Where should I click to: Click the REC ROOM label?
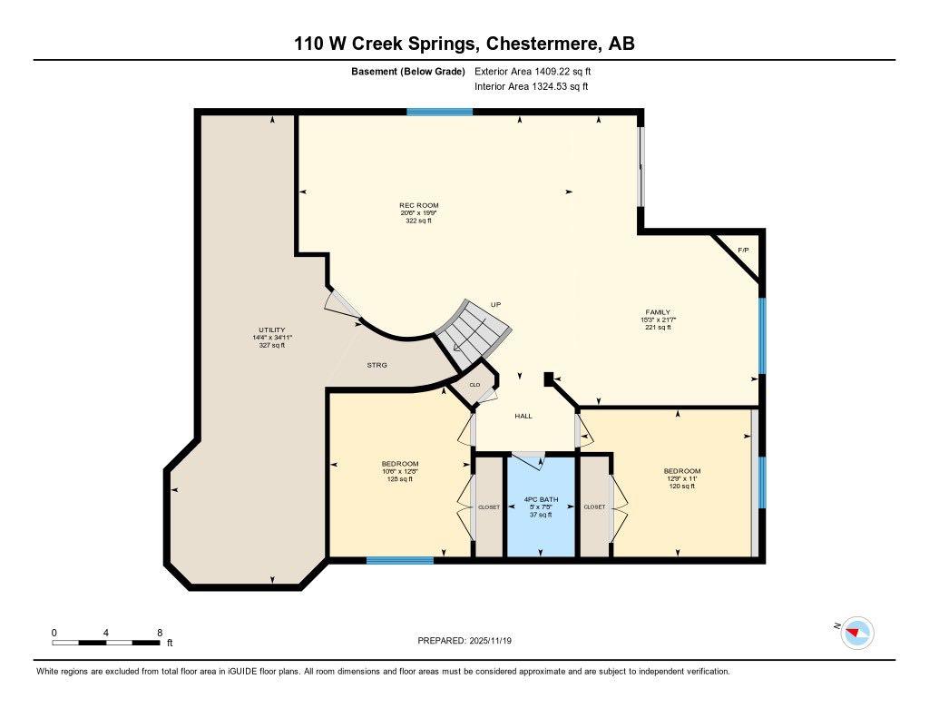pos(419,206)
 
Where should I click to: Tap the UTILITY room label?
pos(272,329)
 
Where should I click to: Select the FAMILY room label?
pos(658,312)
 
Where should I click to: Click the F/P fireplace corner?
pos(743,251)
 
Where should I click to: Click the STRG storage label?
pos(376,365)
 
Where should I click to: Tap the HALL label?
pos(523,417)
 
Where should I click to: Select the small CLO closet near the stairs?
pos(474,385)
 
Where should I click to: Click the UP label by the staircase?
pos(495,304)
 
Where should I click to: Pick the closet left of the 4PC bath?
pos(488,507)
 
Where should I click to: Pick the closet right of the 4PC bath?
pos(594,507)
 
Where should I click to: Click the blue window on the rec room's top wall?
pos(439,112)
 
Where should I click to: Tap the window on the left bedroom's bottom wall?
pos(399,560)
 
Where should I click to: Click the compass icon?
pos(857,633)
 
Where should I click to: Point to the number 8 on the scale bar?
pos(160,633)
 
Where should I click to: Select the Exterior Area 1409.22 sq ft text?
pos(534,71)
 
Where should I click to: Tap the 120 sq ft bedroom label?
pos(682,487)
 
